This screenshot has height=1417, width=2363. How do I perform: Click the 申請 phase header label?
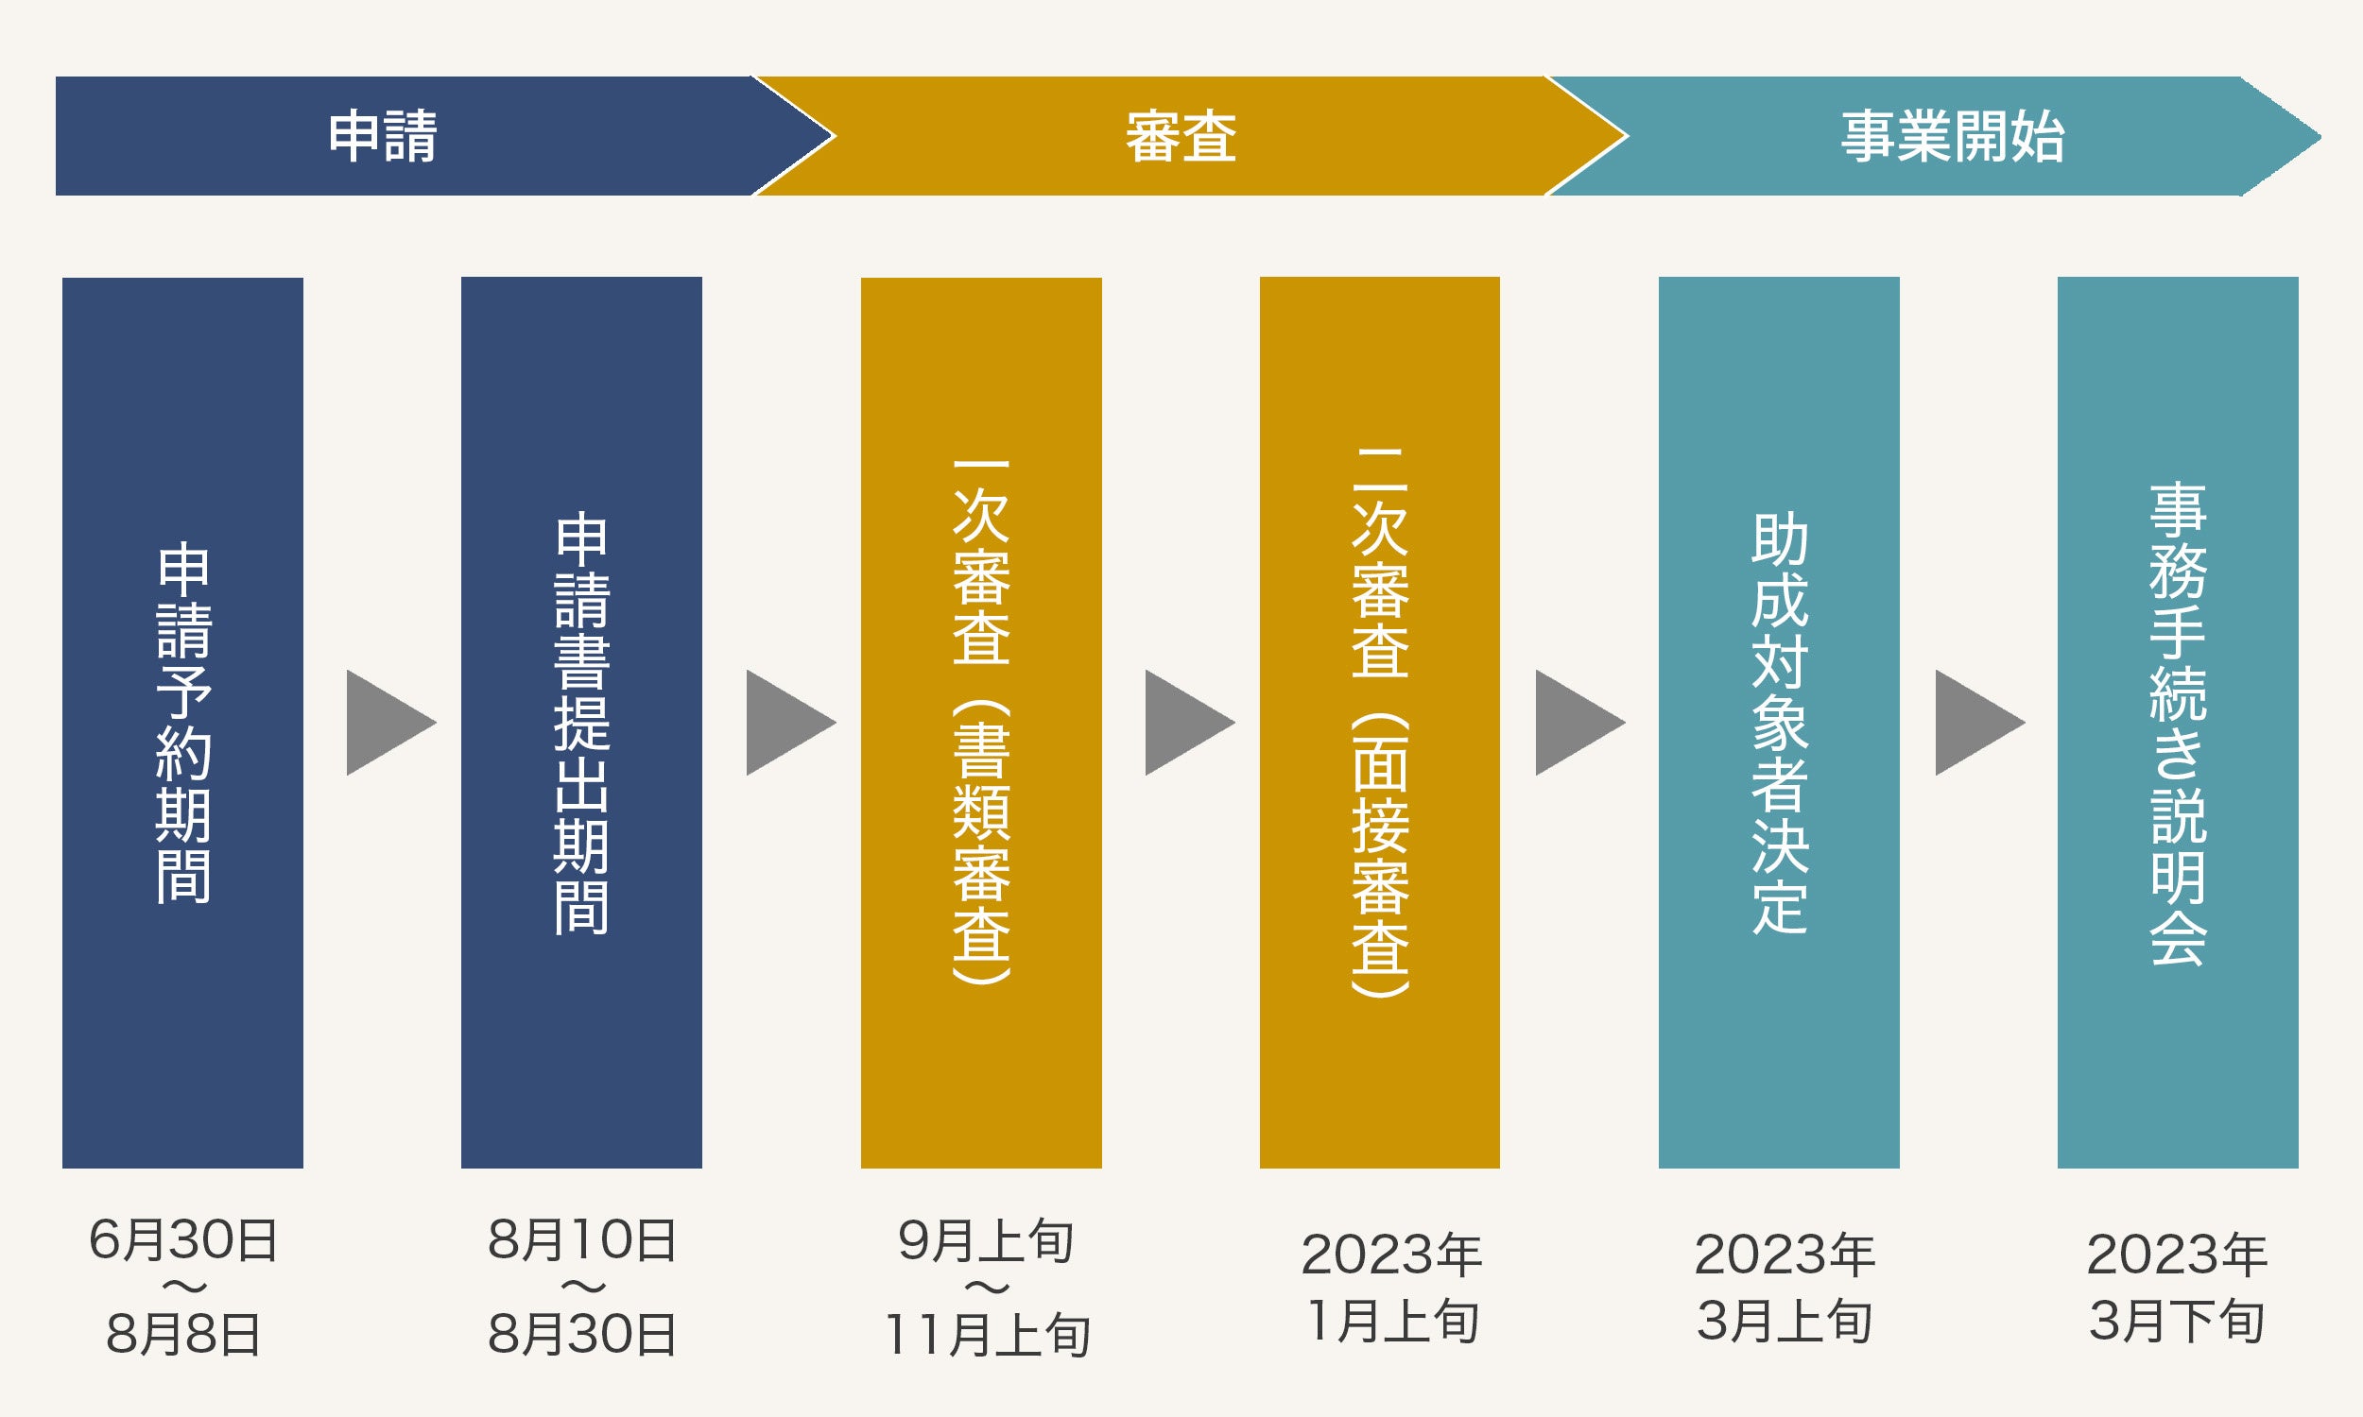coord(382,136)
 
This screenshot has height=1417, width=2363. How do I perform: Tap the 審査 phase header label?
coord(1181,136)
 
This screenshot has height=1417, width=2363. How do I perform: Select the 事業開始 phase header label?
coord(1952,136)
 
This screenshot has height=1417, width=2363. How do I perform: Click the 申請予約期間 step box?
coord(182,722)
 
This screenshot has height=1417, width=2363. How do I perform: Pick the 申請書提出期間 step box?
coord(580,722)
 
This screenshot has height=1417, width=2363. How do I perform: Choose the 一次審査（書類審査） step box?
coord(981,722)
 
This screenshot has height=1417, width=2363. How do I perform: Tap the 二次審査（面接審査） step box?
coord(1379,722)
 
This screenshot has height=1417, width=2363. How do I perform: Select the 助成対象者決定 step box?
coord(1779,722)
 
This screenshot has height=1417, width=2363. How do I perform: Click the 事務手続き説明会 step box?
coord(2178,722)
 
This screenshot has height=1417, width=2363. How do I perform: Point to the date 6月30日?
coord(182,1240)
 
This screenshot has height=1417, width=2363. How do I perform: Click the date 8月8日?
coord(182,1334)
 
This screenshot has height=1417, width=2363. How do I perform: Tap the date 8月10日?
coord(581,1240)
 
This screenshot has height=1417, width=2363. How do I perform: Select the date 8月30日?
coord(581,1334)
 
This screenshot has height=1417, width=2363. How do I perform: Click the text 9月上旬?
coord(986,1240)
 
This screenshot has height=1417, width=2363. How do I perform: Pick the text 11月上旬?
coord(986,1334)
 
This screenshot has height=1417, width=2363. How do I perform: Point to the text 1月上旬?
coord(1391,1322)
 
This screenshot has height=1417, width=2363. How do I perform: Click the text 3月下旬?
coord(2177,1322)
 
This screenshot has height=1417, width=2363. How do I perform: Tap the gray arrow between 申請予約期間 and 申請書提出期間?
coord(387,722)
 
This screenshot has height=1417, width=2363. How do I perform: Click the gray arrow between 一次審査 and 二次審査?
coord(1185,722)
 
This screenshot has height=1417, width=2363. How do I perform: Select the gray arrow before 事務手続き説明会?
coord(1975,722)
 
